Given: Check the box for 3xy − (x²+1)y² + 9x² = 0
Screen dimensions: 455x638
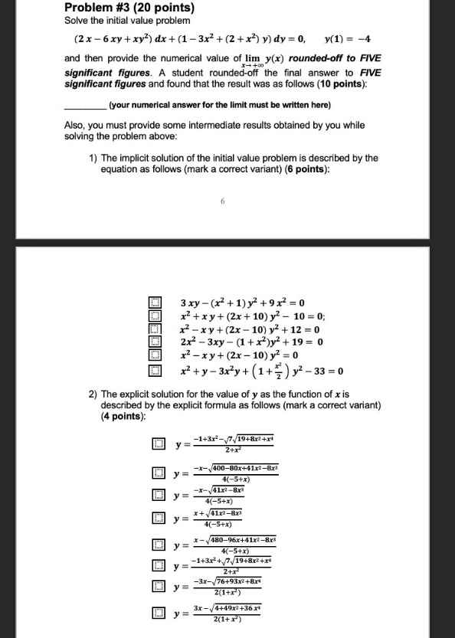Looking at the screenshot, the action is pyautogui.click(x=155, y=302).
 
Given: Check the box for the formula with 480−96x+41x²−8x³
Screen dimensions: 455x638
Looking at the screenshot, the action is pyautogui.click(x=158, y=545).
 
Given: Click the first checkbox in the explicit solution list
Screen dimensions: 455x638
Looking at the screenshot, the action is pyautogui.click(x=158, y=443).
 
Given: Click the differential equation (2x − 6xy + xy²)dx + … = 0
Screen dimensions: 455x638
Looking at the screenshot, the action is pyautogui.click(x=188, y=38).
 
